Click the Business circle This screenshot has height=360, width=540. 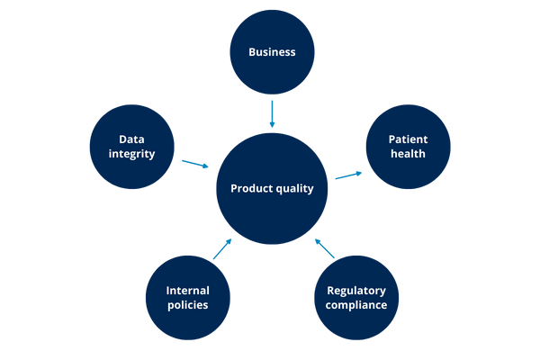point(272,52)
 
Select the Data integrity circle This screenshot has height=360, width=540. point(133,147)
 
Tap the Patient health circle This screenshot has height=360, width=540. point(408,147)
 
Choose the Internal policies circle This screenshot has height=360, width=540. point(188,297)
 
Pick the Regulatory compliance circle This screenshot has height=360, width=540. point(356,297)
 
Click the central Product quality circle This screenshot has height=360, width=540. point(272,189)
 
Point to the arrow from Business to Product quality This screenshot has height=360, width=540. point(272,113)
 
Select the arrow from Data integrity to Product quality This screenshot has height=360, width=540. point(194,164)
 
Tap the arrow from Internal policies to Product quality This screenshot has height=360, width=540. point(221,247)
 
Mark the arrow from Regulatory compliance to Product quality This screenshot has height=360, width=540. point(325,247)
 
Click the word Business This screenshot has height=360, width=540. point(272,52)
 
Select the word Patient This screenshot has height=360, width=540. point(408,139)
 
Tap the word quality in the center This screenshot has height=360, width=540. point(293,189)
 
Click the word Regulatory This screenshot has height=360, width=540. point(356,290)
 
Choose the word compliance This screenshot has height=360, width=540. point(356,305)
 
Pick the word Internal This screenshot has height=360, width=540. point(188,290)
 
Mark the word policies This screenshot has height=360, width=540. point(188,305)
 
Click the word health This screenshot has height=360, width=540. point(408,154)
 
